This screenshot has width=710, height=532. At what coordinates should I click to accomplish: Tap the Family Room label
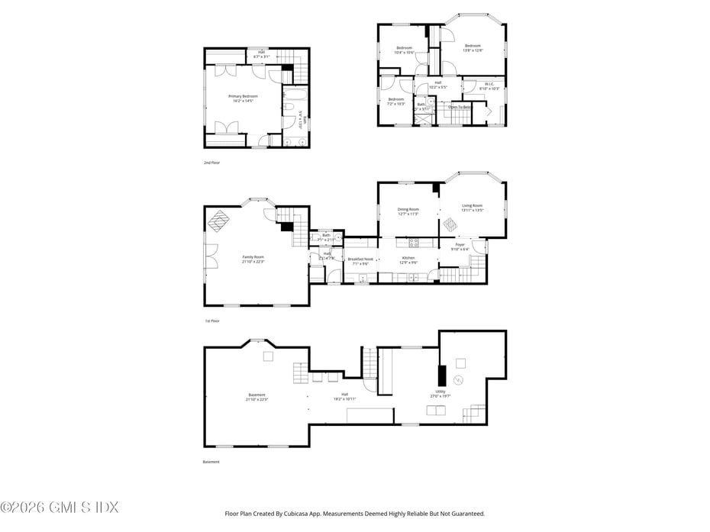tap(253, 260)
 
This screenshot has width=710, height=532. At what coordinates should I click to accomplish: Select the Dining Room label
tap(408, 211)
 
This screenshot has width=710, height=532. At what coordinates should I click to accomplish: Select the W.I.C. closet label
tap(489, 86)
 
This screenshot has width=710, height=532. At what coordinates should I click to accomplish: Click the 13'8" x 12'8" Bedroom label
tap(473, 47)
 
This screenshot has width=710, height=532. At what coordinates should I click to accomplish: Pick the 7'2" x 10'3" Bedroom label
tap(395, 102)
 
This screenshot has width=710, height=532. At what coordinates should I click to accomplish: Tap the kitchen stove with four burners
tap(414, 243)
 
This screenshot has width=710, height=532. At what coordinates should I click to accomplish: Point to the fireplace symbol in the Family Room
tap(219, 221)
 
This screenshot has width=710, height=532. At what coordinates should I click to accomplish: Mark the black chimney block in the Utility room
tap(441, 376)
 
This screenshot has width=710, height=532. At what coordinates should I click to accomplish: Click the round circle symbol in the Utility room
tap(459, 380)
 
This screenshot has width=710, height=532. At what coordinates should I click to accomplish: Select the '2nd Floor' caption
tap(211, 163)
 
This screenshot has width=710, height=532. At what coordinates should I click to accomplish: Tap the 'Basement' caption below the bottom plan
tap(211, 462)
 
